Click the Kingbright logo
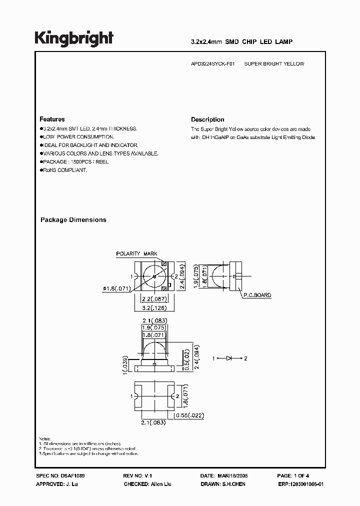73,38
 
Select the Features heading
52,119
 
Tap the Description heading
207,119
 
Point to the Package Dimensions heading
73,219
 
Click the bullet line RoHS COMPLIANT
64,170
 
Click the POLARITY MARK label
136,254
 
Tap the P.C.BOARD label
258,295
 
